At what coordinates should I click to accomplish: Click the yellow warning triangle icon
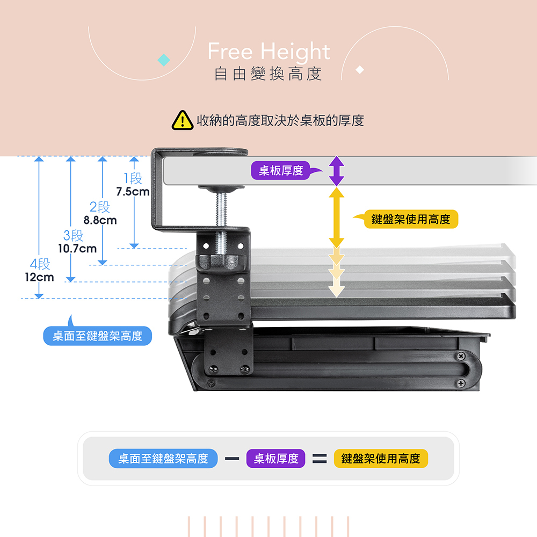coord(182,120)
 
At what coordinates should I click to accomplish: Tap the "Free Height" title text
coord(269,52)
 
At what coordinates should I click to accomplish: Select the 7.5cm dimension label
coord(133,192)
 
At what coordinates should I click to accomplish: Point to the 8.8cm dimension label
coord(100,220)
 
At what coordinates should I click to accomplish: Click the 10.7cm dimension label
coord(77,249)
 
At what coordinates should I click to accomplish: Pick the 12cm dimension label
coord(39,277)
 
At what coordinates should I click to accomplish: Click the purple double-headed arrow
coord(337,171)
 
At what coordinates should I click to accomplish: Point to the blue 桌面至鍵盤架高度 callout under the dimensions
coord(97,334)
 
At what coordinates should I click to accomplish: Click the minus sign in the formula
coord(232,458)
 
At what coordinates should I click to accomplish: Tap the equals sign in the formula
coord(320,458)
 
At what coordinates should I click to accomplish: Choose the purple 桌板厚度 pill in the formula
coord(275,458)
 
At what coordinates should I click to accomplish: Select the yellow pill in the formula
coord(381,458)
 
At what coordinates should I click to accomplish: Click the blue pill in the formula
coord(163,458)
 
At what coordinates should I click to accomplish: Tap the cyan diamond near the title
coord(164,60)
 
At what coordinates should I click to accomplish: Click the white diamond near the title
coord(360,69)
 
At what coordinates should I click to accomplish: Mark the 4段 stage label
coord(40,264)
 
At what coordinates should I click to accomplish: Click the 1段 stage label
coord(133,178)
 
